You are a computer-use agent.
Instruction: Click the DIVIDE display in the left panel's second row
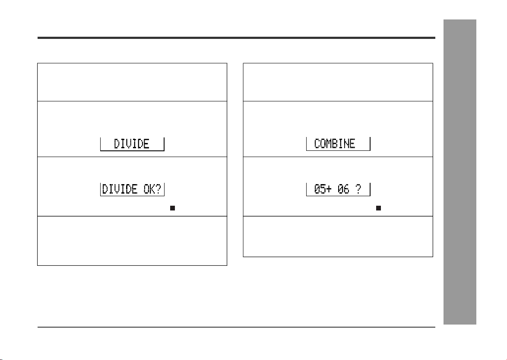click(x=132, y=143)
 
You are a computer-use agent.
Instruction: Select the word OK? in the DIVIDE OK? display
click(x=152, y=189)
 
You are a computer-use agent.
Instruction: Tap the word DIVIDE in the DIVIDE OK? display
click(x=120, y=189)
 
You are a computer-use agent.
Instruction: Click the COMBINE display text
click(x=335, y=143)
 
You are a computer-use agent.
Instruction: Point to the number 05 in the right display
click(x=320, y=189)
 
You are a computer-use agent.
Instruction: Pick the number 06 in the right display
click(x=344, y=189)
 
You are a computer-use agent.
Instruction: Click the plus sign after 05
click(x=329, y=189)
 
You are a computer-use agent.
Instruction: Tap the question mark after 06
click(x=358, y=189)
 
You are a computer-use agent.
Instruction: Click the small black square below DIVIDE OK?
click(x=173, y=208)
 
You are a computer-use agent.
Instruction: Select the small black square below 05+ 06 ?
click(x=378, y=208)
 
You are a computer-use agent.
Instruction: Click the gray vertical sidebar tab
click(x=460, y=172)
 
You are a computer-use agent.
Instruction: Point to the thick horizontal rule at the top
click(x=236, y=38)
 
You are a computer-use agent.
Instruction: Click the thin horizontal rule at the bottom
click(x=236, y=327)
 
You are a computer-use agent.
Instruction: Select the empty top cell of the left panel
click(x=132, y=82)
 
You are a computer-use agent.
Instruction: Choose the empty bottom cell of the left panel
click(x=132, y=241)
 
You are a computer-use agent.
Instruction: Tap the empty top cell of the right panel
click(x=338, y=82)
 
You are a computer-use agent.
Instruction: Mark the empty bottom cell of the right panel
click(x=338, y=236)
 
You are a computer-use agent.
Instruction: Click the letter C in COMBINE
click(x=317, y=143)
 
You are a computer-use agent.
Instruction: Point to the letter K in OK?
click(x=152, y=189)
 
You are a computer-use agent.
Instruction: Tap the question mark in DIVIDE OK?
click(x=158, y=189)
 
